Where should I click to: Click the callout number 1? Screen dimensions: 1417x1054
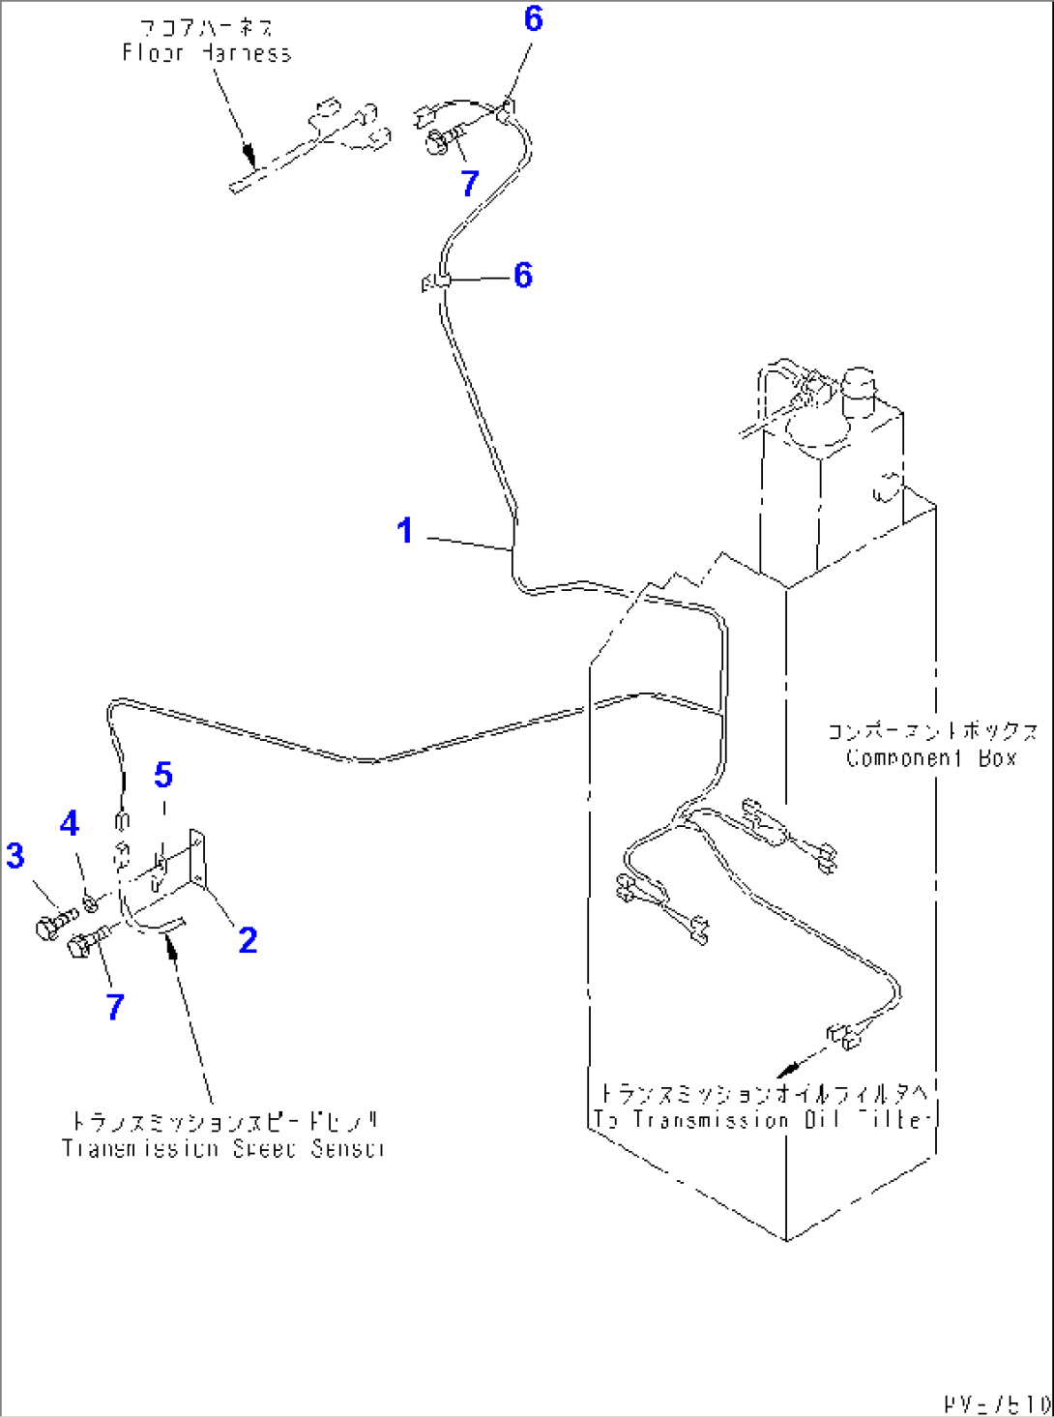405,530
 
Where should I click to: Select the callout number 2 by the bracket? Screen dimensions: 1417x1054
248,939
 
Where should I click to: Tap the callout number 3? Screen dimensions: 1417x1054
15,855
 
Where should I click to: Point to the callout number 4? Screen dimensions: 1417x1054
70,823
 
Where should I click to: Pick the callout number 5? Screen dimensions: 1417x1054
163,775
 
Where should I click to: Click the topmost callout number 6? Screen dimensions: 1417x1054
533,18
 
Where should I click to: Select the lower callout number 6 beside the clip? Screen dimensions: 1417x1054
523,275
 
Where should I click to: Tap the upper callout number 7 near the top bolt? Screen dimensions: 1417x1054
470,183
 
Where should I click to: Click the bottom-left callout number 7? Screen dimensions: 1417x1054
115,1007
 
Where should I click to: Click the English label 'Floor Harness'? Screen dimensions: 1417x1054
207,53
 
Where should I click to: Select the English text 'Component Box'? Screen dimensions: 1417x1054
931,758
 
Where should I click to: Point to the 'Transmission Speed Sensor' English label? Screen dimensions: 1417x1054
222,1148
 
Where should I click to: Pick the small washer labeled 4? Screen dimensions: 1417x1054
90,902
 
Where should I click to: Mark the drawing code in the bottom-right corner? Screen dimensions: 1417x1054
997,1402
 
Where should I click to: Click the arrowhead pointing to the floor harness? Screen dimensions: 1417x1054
249,157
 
